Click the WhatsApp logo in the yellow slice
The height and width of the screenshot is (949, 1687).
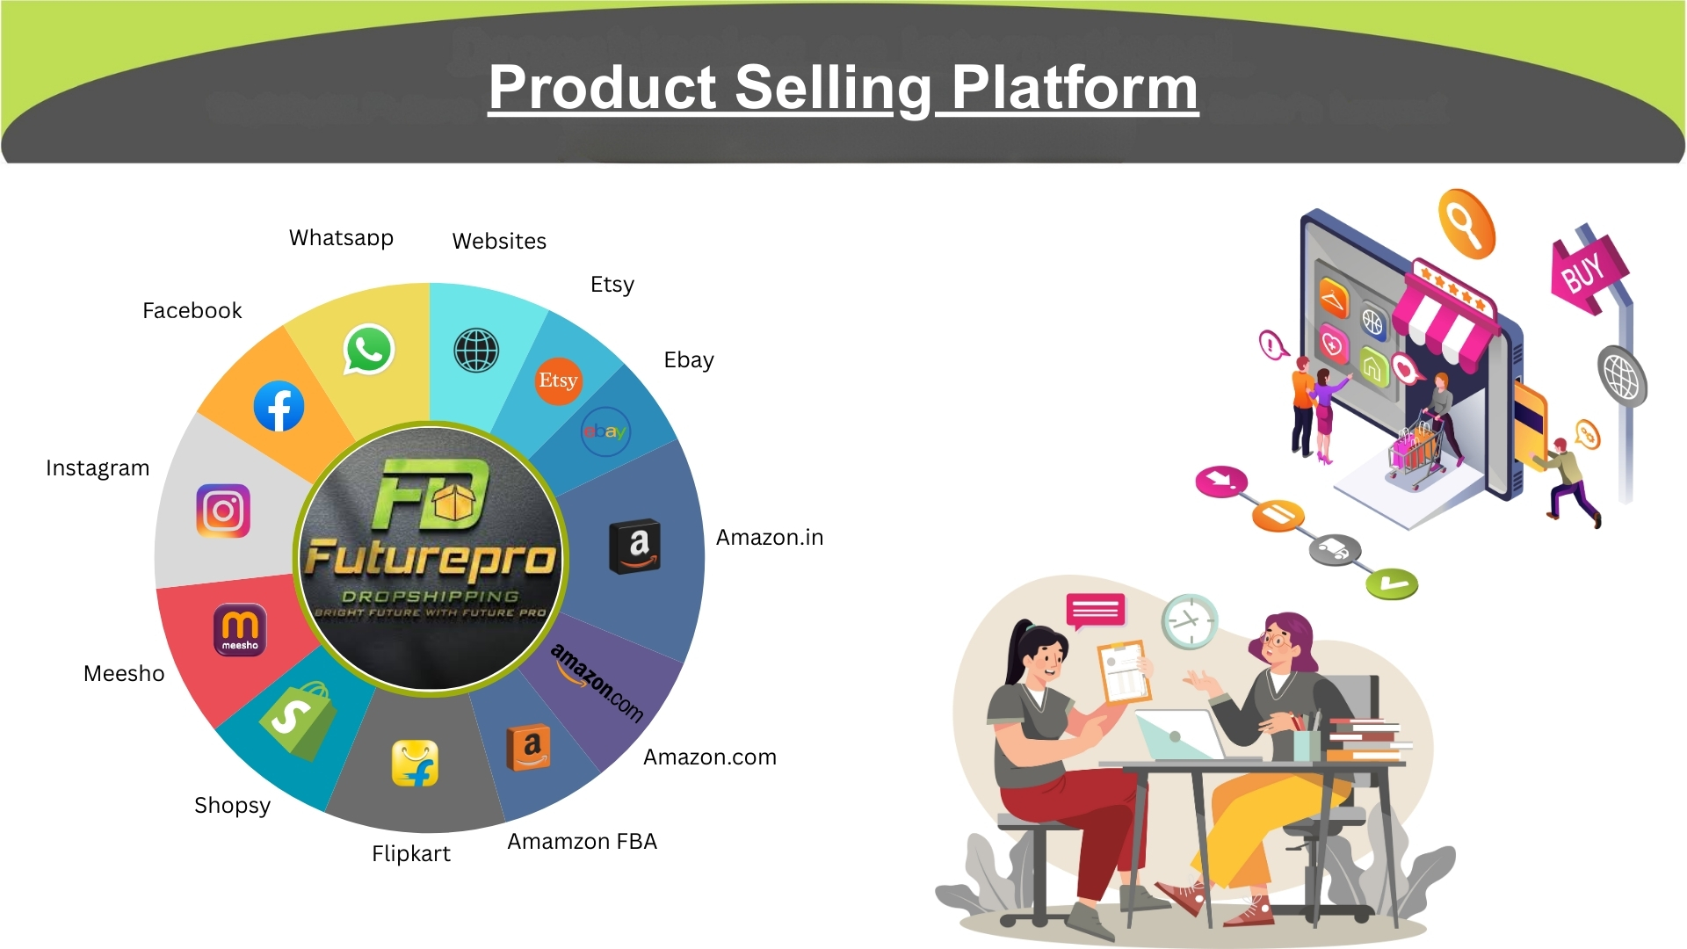(x=368, y=350)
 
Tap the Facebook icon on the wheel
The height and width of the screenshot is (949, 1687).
(x=279, y=406)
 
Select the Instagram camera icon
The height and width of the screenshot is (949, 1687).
(x=223, y=511)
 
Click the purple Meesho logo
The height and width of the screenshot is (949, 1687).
(x=240, y=629)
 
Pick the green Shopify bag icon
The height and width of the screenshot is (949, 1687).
(x=298, y=721)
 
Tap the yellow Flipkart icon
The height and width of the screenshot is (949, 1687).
(x=415, y=763)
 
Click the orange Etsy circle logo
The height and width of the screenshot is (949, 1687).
(x=558, y=380)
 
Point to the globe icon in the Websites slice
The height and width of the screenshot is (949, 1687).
(x=476, y=350)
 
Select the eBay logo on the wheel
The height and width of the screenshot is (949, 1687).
(x=605, y=431)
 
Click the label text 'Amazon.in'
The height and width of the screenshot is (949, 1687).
(x=770, y=537)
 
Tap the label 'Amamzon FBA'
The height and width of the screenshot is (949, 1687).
(x=582, y=841)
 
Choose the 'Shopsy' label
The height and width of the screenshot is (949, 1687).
(x=232, y=806)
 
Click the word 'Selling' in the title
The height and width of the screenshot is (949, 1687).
(x=833, y=88)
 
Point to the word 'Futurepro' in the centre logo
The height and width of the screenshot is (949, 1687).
(x=431, y=559)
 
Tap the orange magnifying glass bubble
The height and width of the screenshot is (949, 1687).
(x=1466, y=223)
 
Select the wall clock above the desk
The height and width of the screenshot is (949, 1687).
(x=1190, y=621)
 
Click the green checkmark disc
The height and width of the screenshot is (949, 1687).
(x=1392, y=583)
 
